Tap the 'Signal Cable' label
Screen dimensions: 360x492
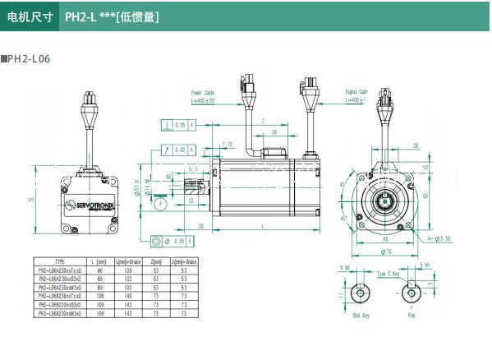(x=356, y=92)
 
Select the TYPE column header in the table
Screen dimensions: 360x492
(x=59, y=261)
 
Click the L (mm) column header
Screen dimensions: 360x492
(x=101, y=261)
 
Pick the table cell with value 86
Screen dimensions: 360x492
(x=101, y=269)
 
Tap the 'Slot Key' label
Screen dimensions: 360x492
(x=361, y=314)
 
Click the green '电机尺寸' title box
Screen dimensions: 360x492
(x=29, y=16)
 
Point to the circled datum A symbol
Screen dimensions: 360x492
(x=160, y=202)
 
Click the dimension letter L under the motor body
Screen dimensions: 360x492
(x=261, y=225)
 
